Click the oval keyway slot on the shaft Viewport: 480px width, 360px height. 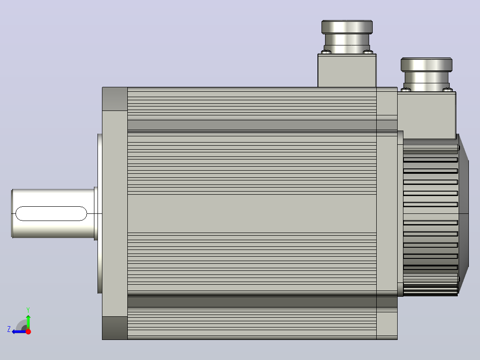[x=51, y=213]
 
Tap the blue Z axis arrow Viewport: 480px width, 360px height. [x=19, y=331]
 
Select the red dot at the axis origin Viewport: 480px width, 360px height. [x=28, y=331]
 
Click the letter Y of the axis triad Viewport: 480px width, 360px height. [x=28, y=310]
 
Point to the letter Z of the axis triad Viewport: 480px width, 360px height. [x=9, y=329]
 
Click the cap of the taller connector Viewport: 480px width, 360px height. [x=347, y=27]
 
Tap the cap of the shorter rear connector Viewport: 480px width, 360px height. [x=427, y=65]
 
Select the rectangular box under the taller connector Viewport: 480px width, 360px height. [x=347, y=70]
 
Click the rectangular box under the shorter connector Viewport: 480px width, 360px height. [x=427, y=116]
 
